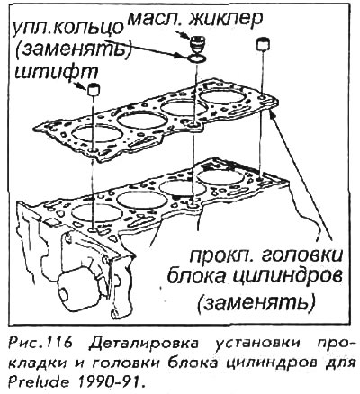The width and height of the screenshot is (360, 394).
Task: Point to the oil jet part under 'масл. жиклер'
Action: [197, 44]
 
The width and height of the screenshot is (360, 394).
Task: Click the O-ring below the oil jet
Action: [196, 59]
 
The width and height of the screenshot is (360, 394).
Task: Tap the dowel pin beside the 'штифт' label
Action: [94, 90]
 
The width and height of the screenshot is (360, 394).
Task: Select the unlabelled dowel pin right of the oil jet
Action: [263, 44]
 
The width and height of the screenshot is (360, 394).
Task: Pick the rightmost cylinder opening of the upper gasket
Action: [221, 96]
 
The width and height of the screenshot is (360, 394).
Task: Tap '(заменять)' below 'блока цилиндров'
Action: [256, 302]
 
